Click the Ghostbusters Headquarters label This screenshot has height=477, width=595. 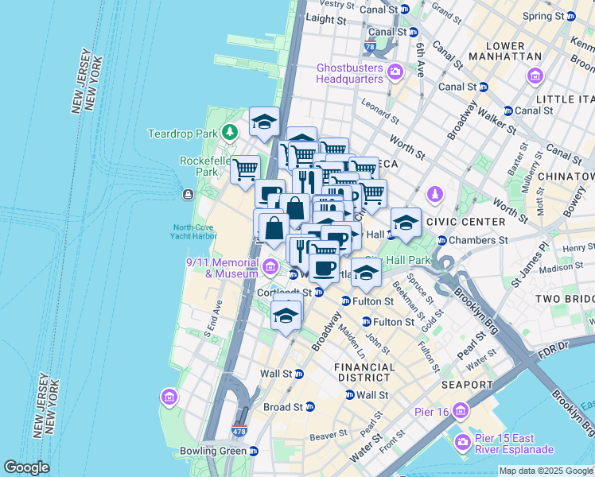coord(350,72)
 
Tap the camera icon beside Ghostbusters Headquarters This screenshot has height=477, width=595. coord(396,75)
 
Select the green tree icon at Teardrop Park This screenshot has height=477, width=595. coord(230,131)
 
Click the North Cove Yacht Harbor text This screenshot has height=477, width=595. coord(195,231)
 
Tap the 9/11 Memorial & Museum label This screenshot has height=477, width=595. coord(223,268)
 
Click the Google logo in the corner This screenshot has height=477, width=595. coord(26,467)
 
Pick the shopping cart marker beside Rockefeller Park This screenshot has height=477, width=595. coord(246,169)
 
